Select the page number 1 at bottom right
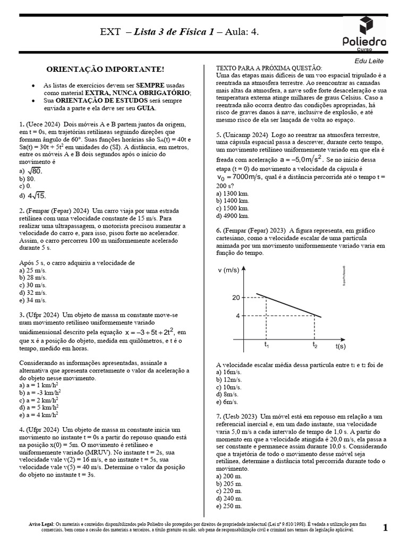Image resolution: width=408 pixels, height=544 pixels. tap(385, 527)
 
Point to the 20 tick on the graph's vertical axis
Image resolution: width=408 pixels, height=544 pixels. tap(236, 297)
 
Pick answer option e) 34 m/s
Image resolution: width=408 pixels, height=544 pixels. tap(32, 300)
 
